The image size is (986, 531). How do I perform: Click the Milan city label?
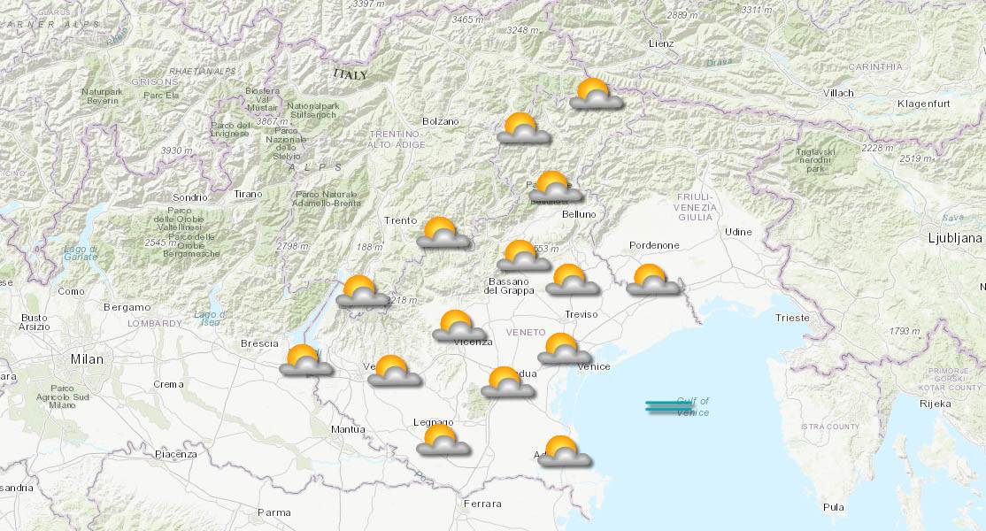(87, 359)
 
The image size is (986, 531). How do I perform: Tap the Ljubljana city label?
(955, 238)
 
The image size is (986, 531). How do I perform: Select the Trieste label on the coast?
(791, 318)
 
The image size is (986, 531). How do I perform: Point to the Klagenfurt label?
(922, 104)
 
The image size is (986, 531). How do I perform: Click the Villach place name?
(837, 93)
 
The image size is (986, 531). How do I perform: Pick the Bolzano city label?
(441, 121)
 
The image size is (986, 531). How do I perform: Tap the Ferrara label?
(482, 504)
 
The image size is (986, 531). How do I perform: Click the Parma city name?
(273, 512)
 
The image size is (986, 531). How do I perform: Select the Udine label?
(738, 232)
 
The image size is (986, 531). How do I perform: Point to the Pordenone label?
(654, 245)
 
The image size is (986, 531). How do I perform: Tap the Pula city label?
(833, 507)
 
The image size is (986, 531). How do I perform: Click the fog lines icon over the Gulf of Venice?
(669, 407)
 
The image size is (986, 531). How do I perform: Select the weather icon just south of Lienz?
(596, 94)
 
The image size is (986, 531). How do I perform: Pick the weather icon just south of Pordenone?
(653, 280)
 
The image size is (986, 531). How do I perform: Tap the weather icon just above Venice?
(564, 349)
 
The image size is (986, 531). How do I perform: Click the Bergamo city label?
(127, 307)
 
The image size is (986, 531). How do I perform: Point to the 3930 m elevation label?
(176, 150)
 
